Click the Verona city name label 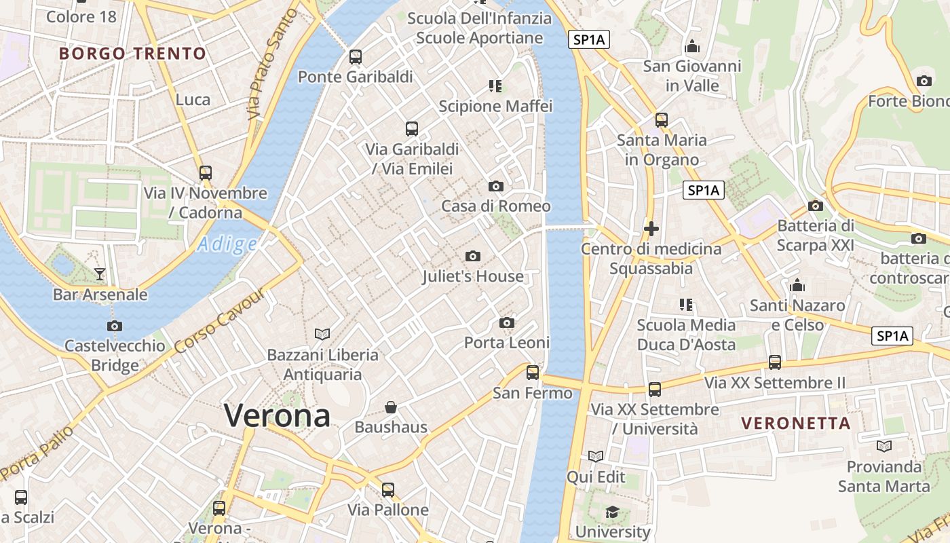277,415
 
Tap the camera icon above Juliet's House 473,256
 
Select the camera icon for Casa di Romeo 496,186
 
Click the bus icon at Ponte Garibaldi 356,57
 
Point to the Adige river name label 227,244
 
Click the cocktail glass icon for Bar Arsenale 100,274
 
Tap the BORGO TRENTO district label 132,54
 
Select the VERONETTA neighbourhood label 795,424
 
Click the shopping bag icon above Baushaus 391,407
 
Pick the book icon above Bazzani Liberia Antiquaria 322,334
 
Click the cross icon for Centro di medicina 651,229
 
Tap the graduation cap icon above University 613,512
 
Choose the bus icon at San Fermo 533,372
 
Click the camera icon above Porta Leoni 507,322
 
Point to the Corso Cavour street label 218,321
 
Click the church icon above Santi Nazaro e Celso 797,285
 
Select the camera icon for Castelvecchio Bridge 115,326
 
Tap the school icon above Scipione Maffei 495,86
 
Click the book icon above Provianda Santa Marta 883,446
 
